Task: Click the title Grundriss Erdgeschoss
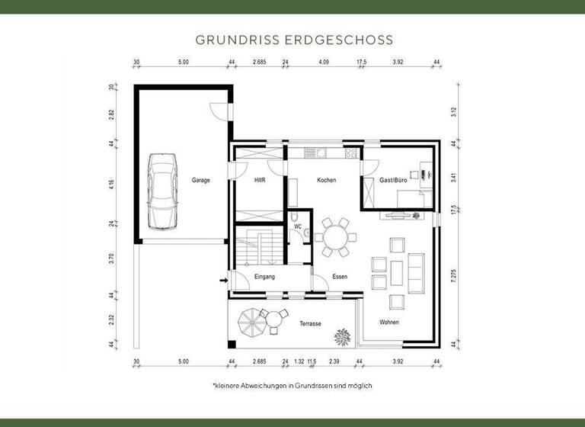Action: (x=293, y=38)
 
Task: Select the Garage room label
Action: (x=201, y=181)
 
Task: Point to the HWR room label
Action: (x=260, y=181)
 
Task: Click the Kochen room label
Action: (x=327, y=181)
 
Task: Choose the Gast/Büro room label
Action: (x=394, y=181)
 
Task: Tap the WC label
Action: (x=298, y=226)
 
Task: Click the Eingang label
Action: (x=264, y=277)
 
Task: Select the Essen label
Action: (x=340, y=277)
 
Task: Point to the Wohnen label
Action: (x=389, y=323)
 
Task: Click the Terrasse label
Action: (x=310, y=324)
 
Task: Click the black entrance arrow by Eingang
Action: (x=223, y=281)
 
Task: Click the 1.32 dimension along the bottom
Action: (x=299, y=362)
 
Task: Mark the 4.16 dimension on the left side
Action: (x=111, y=184)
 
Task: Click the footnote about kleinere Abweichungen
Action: (x=292, y=387)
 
